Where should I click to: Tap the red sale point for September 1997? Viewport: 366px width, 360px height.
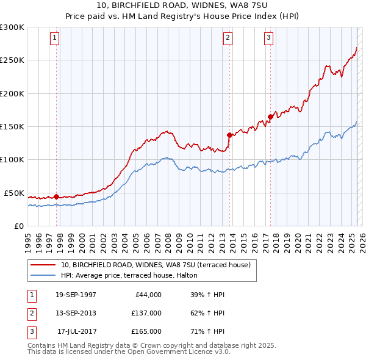[x=56, y=196]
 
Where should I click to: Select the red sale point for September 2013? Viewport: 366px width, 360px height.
[x=229, y=135]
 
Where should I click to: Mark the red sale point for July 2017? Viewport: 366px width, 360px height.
[x=270, y=117]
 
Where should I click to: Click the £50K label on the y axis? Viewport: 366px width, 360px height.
[x=14, y=193]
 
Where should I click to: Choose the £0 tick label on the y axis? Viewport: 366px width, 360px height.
[x=18, y=226]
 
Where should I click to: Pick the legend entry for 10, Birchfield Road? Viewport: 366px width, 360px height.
[x=156, y=265]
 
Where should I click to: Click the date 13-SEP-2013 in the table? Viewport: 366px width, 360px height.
[x=76, y=313]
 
